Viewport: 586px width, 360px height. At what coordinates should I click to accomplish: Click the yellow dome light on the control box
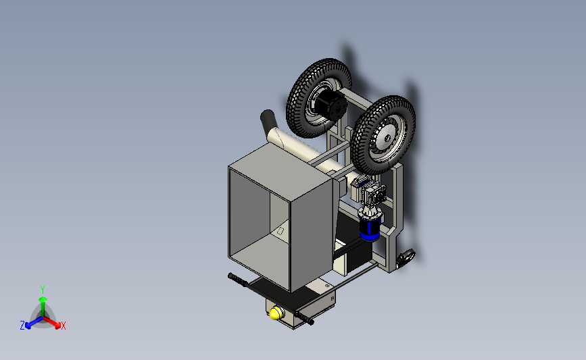(x=276, y=313)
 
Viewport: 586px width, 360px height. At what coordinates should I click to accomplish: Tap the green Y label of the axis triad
(x=43, y=290)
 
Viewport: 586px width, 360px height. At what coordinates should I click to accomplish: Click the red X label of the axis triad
(x=64, y=326)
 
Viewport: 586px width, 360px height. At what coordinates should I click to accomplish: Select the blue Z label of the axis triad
(x=22, y=326)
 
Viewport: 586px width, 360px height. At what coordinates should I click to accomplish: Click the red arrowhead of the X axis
(x=57, y=326)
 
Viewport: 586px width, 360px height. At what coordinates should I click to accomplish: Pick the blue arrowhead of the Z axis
(x=28, y=326)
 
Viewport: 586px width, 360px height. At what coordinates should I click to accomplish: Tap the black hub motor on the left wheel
(x=331, y=104)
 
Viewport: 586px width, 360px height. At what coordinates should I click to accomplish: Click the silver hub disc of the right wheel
(x=385, y=138)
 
